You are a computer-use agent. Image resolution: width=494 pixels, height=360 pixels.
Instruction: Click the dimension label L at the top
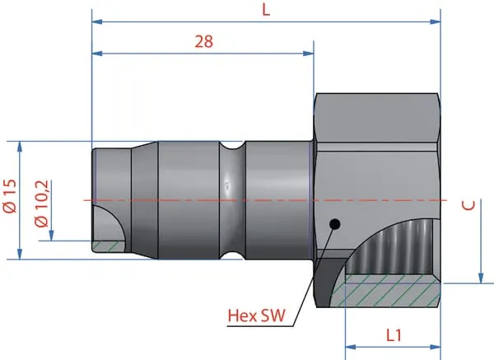tap(266, 11)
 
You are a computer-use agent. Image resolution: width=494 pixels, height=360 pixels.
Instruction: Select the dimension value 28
tap(204, 41)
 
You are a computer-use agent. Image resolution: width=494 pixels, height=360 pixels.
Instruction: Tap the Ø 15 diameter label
tap(10, 196)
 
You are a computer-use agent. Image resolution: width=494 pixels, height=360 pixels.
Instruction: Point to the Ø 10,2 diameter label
tap(42, 203)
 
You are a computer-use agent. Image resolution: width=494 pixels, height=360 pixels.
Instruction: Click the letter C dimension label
tap(468, 205)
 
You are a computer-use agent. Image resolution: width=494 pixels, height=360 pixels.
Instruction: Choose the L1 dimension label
tap(394, 335)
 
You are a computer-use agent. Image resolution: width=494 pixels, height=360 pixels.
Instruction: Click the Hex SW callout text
tap(256, 316)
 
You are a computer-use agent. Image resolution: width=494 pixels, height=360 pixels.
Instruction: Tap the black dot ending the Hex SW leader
tap(335, 224)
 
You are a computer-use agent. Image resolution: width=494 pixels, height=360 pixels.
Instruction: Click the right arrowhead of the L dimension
tap(436, 21)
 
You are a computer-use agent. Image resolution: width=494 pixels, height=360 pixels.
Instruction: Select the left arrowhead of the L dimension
tap(97, 21)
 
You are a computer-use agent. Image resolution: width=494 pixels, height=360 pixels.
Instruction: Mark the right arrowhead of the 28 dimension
tap(309, 54)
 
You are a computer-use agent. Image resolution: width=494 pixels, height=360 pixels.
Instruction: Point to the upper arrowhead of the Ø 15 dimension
tap(20, 147)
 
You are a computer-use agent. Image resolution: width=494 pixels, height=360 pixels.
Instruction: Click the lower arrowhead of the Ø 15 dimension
tap(20, 254)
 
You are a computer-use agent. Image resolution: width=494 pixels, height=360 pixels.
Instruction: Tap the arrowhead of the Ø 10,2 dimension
tap(51, 236)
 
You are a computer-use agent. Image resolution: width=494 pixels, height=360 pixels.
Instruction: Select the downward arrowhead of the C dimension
tap(481, 278)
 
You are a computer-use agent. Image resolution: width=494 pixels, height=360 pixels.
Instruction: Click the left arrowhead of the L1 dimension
tap(351, 347)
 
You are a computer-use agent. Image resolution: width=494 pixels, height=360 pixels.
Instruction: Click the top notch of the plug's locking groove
tap(232, 145)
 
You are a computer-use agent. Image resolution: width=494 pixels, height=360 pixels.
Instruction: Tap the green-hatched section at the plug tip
tap(109, 245)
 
